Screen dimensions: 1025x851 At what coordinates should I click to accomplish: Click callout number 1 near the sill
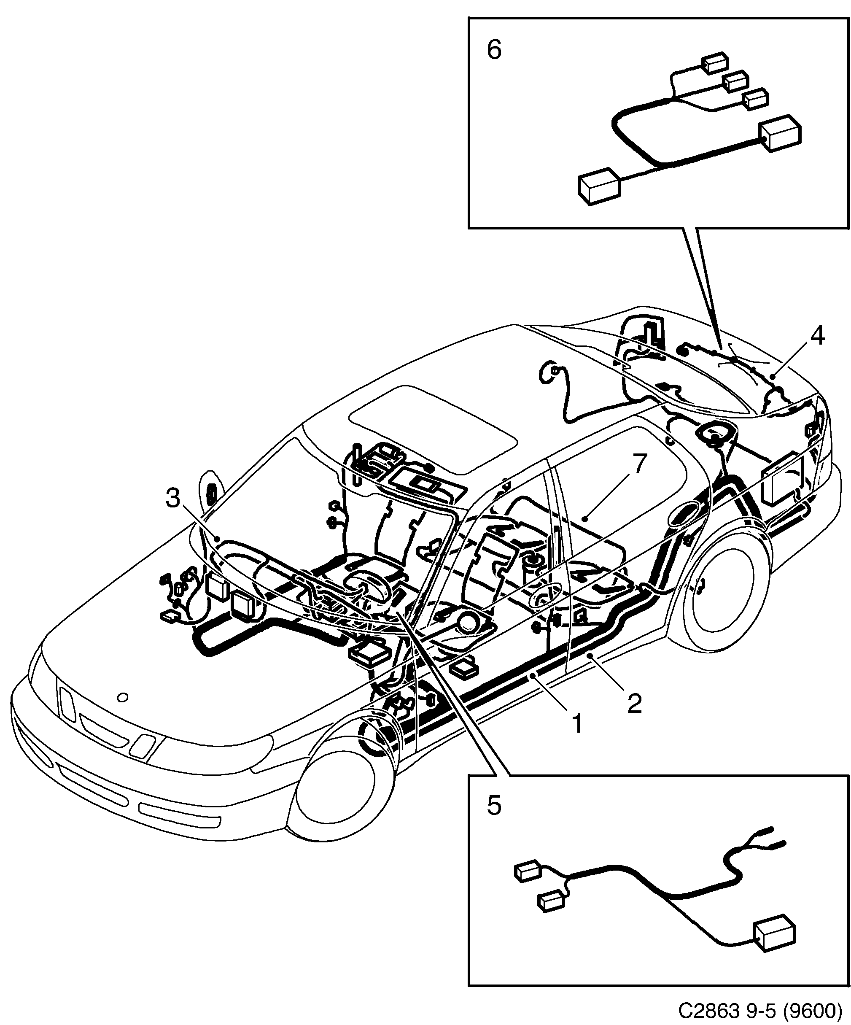[x=577, y=723]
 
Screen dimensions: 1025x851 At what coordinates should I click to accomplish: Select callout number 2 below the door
[x=634, y=703]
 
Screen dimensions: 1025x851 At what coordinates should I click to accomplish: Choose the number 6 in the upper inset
[x=494, y=50]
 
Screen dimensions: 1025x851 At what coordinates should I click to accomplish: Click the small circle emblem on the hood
[x=123, y=698]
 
